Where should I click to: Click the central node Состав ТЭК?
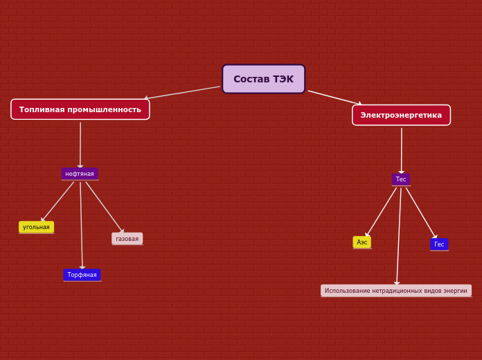click(x=263, y=79)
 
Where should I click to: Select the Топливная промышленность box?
click(x=80, y=109)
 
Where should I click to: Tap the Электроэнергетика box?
click(x=401, y=115)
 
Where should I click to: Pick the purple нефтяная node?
click(x=80, y=174)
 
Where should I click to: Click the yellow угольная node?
click(x=36, y=227)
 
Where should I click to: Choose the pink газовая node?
click(x=127, y=239)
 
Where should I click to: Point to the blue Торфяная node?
click(x=82, y=275)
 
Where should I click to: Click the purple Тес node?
click(x=401, y=179)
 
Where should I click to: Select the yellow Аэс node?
click(x=361, y=242)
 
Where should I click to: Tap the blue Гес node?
click(x=439, y=244)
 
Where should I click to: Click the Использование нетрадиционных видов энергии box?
click(x=396, y=291)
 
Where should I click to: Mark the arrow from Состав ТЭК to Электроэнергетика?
click(x=335, y=98)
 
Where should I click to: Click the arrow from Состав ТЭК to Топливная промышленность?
click(x=182, y=93)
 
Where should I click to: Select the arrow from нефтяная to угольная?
click(x=57, y=201)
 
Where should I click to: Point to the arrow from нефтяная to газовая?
click(x=105, y=208)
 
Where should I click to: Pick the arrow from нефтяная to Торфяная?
click(x=81, y=226)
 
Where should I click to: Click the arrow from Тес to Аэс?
click(x=381, y=212)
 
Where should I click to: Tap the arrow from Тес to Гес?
click(x=422, y=213)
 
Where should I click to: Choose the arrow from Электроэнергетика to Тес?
click(x=402, y=151)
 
